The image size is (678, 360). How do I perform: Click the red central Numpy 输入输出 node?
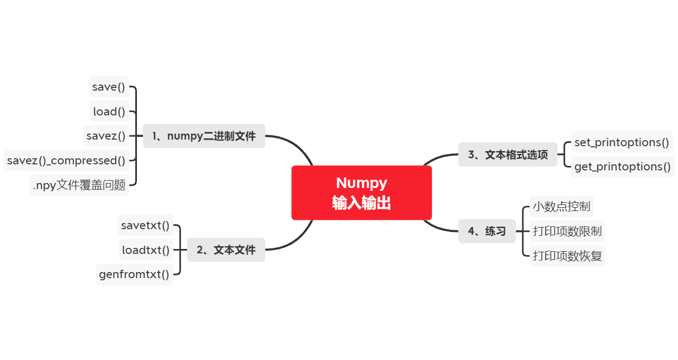click(x=361, y=193)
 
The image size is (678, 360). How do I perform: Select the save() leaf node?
click(x=109, y=87)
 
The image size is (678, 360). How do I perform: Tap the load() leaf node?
click(x=109, y=112)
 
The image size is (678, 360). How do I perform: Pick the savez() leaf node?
click(x=106, y=136)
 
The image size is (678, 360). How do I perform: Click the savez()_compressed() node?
click(x=67, y=160)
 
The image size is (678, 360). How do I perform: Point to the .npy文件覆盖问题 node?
click(x=79, y=185)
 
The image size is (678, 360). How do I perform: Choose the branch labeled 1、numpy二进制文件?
click(x=204, y=136)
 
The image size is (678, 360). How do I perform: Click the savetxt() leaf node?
click(x=145, y=225)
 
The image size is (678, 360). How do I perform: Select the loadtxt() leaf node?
click(x=146, y=250)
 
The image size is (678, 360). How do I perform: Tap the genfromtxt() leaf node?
click(x=134, y=274)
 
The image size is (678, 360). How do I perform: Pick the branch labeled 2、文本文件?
click(x=226, y=250)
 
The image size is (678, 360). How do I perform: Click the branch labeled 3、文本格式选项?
click(x=508, y=154)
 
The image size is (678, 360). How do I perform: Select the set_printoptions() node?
click(x=621, y=142)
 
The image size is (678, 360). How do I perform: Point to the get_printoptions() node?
click(x=622, y=167)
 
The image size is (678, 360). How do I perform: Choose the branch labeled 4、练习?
click(x=487, y=231)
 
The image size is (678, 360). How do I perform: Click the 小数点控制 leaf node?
click(x=561, y=207)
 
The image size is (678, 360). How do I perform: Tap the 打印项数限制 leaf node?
click(x=567, y=231)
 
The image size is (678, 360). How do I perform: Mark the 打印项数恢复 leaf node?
click(x=567, y=256)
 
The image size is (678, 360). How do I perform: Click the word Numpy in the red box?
click(x=361, y=183)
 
